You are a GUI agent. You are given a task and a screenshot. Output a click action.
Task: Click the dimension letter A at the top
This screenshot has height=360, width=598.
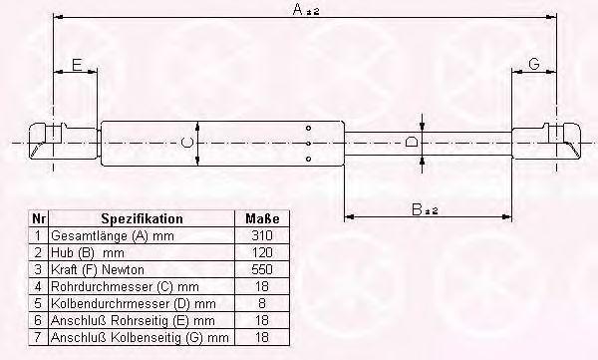tap(298, 9)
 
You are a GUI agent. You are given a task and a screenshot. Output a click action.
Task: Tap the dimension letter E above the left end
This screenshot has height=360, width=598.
tap(77, 65)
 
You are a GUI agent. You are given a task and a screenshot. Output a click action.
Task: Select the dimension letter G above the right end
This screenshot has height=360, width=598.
tap(534, 64)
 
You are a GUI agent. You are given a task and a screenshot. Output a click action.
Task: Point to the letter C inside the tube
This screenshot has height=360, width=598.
tap(187, 143)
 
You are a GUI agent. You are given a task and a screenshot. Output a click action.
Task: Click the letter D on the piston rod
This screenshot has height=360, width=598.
tap(411, 143)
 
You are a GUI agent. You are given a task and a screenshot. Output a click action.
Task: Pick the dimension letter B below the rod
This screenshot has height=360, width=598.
tap(418, 209)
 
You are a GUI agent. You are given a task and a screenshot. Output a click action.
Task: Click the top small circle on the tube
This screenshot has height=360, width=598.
tap(309, 128)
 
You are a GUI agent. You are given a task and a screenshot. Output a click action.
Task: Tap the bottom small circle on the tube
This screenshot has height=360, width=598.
tap(309, 159)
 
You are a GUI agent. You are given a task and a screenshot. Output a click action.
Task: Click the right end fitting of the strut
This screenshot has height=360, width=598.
tap(546, 142)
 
